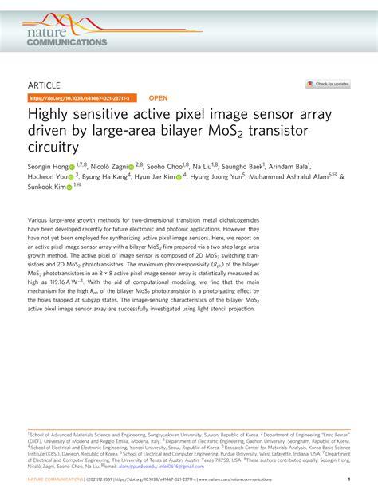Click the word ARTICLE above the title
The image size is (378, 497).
45,83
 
